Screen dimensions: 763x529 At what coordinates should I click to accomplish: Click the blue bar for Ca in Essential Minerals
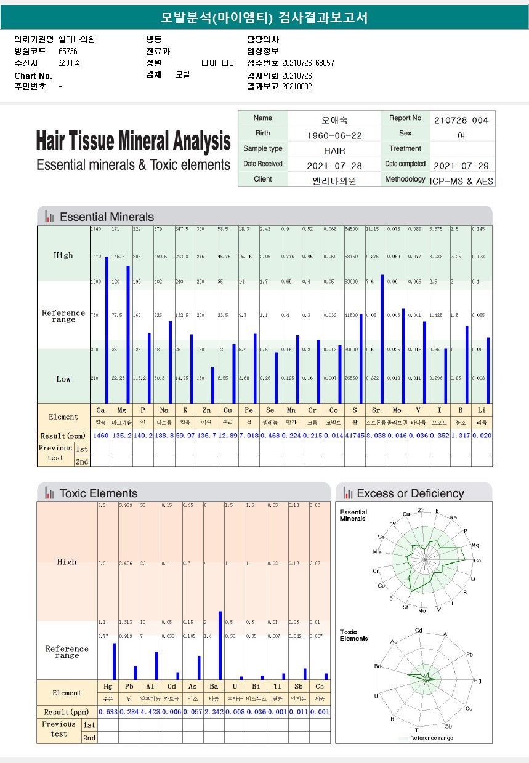tap(107, 329)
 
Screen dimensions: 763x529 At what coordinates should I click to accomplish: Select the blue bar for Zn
tap(212, 385)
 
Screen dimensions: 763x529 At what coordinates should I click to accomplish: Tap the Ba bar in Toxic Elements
tap(220, 645)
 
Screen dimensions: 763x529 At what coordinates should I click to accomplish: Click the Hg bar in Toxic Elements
tap(114, 661)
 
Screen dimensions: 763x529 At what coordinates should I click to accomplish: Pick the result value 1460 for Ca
tap(100, 435)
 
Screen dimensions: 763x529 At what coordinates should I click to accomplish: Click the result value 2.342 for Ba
tap(214, 712)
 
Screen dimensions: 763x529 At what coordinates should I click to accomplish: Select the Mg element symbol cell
tap(121, 410)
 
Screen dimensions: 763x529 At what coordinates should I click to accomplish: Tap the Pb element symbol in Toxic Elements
tap(129, 686)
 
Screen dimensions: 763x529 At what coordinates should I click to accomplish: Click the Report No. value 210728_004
tap(461, 119)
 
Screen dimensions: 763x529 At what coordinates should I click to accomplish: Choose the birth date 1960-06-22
tap(334, 135)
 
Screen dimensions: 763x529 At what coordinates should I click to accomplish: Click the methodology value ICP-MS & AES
tap(462, 181)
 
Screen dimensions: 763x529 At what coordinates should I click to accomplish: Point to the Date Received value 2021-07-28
tap(334, 165)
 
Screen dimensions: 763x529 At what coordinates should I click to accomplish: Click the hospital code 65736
tap(68, 51)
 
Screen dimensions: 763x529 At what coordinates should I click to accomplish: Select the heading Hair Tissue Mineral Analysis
tap(133, 141)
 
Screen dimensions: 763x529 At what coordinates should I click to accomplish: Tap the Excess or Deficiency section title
tap(410, 493)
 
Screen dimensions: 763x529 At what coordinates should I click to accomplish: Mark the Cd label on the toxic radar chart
tap(419, 631)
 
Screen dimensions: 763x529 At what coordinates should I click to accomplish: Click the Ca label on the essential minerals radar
tap(477, 561)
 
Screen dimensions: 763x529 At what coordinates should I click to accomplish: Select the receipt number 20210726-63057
tap(308, 63)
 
